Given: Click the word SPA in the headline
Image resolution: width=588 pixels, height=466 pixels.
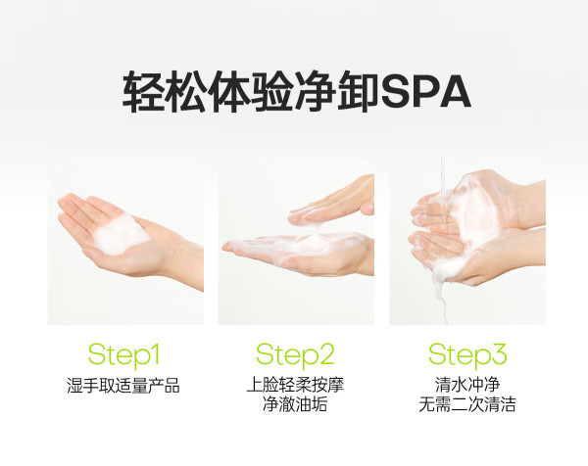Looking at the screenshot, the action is (425, 92).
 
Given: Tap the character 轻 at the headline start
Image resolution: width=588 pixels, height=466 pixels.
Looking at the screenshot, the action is (144, 92).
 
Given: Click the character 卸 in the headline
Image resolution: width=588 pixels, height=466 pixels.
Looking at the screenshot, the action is (358, 92).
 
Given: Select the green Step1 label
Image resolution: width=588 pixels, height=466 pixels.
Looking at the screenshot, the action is (123, 354).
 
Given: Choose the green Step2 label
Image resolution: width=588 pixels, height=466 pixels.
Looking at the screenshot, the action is (295, 354).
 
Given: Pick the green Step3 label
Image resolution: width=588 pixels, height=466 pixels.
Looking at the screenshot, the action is (467, 354).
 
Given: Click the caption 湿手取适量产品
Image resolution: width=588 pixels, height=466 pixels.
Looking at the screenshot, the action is (123, 386).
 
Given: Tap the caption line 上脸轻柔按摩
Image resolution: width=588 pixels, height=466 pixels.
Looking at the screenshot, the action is (295, 385).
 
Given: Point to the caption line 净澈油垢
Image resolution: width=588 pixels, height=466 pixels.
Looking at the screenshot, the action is (295, 404).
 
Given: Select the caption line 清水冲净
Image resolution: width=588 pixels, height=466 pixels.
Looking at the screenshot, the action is (467, 385).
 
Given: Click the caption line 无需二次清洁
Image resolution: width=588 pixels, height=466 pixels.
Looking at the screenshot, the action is (467, 404).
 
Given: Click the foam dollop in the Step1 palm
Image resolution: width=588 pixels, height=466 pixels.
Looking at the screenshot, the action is (121, 233).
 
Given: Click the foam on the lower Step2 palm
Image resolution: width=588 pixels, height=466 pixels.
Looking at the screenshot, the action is (300, 243).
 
